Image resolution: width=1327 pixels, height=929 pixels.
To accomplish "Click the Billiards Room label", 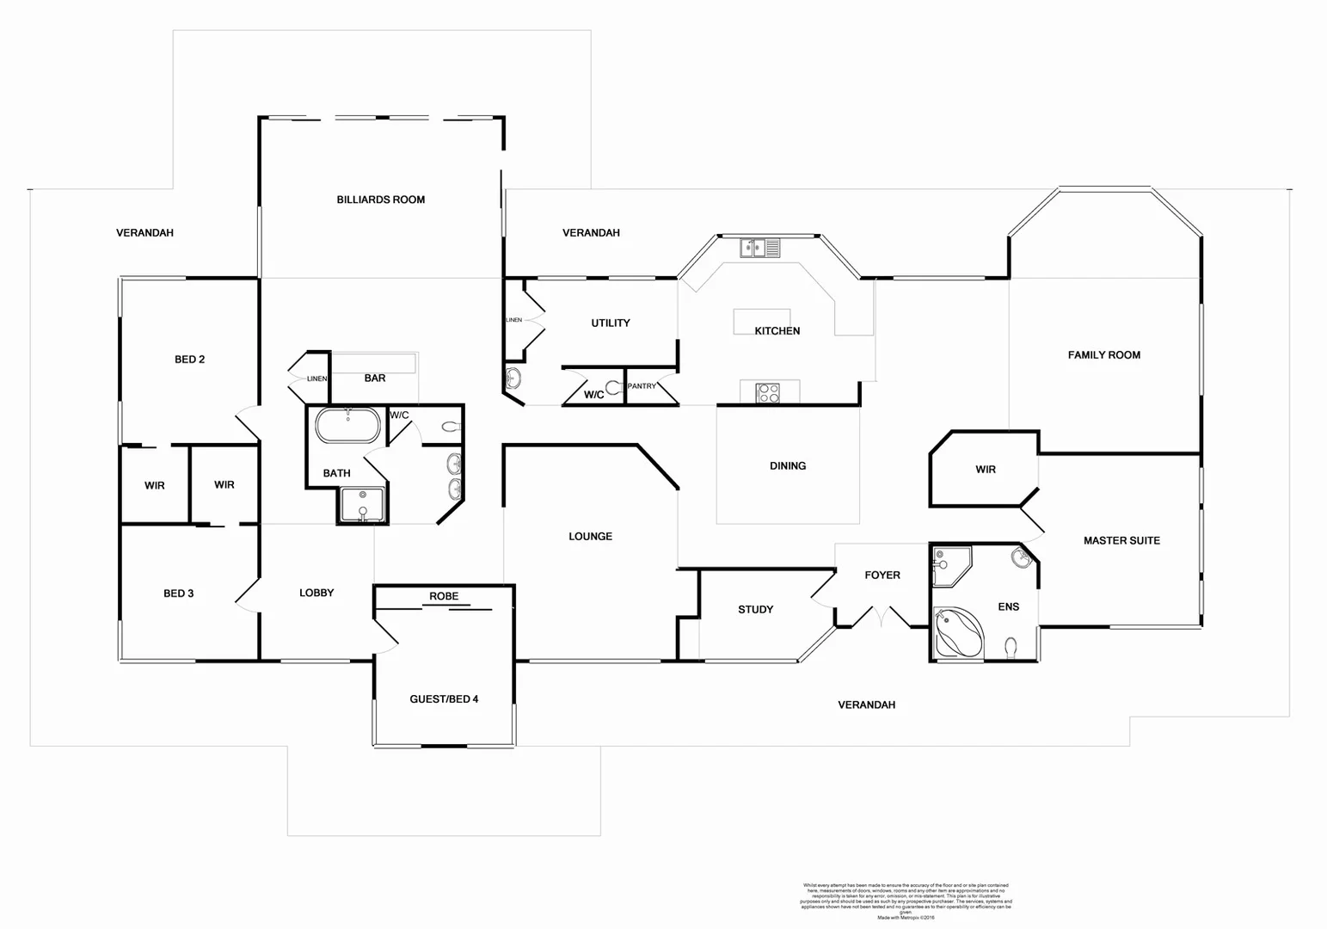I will (380, 200).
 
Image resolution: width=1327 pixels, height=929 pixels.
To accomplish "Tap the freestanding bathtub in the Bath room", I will (347, 426).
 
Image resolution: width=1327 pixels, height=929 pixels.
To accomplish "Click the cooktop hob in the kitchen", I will (768, 393).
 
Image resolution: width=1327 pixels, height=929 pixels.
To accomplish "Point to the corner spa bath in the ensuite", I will (957, 633).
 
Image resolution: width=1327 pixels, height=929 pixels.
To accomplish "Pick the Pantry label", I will (642, 386).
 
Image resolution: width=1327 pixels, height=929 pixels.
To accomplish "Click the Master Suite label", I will (1121, 540).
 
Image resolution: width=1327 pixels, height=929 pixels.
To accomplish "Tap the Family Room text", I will (1103, 354).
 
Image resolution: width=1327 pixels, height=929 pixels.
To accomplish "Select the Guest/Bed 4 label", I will (444, 698).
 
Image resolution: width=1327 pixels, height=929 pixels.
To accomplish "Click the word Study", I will (755, 609).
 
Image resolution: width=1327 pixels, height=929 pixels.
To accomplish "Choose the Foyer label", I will (882, 575).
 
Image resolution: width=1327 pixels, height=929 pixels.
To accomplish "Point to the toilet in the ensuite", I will (1011, 645).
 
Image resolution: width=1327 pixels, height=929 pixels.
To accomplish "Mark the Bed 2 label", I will (189, 359).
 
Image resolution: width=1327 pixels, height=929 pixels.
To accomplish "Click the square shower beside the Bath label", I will (362, 505).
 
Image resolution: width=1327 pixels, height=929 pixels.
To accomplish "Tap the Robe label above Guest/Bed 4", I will (444, 596).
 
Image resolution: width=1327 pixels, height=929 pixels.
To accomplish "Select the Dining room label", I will (787, 465).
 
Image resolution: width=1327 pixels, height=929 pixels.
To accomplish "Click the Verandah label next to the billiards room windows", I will (591, 232).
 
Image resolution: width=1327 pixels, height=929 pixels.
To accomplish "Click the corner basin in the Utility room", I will (513, 378).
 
